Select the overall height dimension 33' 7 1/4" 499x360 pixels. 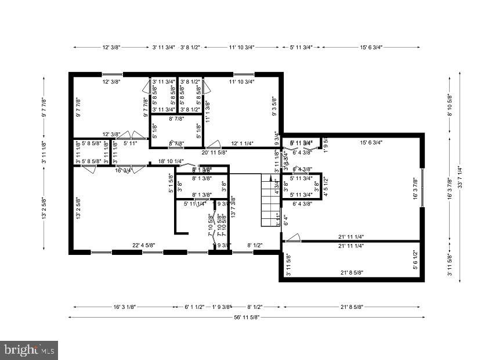click(x=460, y=170)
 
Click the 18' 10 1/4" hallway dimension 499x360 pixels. click(x=171, y=161)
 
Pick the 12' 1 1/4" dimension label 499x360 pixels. click(x=244, y=143)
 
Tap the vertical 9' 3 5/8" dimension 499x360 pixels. click(x=274, y=107)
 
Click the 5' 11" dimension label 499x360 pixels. click(x=130, y=143)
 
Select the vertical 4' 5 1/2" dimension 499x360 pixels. click(x=326, y=187)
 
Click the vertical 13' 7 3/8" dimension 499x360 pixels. click(x=232, y=206)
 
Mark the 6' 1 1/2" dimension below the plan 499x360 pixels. click(x=194, y=307)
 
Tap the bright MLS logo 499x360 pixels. click(x=29, y=350)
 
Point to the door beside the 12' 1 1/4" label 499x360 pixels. click(x=214, y=143)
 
